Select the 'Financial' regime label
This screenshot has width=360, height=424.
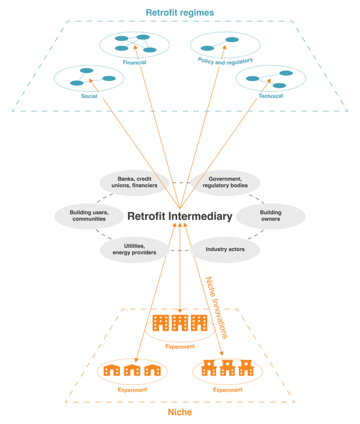tap(134, 62)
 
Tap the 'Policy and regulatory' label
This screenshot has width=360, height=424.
tap(225, 60)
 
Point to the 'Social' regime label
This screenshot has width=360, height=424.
tap(89, 96)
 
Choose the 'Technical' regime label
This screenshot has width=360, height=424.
tap(271, 96)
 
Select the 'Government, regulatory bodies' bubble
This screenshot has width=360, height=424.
tap(225, 182)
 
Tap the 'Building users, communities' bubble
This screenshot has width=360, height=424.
tap(88, 215)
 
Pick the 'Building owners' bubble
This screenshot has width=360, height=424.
tap(271, 215)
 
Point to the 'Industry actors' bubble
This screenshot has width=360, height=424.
tap(225, 249)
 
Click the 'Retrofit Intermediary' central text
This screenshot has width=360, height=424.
tap(179, 216)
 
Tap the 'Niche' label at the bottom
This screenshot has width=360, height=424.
tap(179, 412)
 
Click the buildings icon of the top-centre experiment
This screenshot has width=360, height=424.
tap(180, 323)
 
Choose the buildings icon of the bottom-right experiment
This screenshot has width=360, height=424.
tap(227, 367)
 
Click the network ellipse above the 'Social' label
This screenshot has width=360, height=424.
tap(89, 77)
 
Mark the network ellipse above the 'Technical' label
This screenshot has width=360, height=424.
tap(270, 79)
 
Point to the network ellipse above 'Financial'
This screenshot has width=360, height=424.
tap(134, 44)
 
